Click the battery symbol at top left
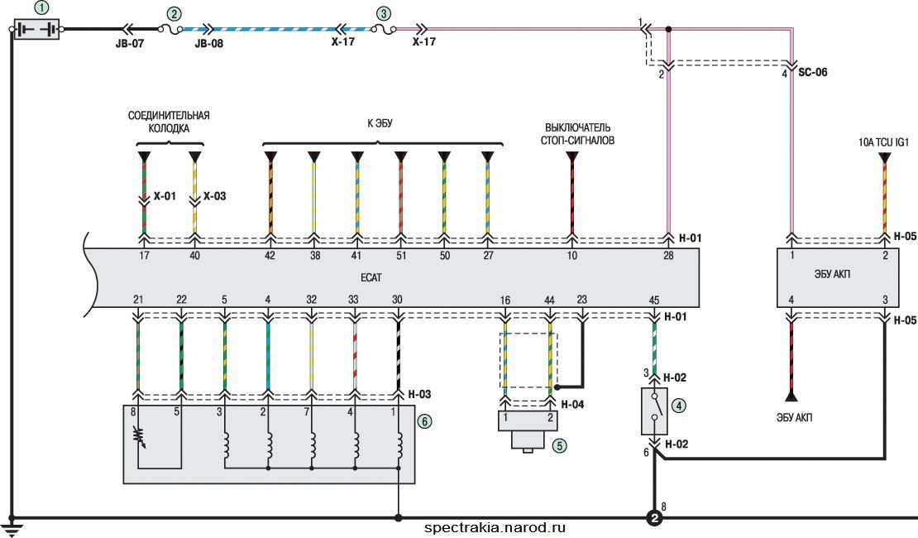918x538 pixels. pos(36,29)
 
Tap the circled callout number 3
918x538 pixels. pos(383,13)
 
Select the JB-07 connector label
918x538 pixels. pos(129,43)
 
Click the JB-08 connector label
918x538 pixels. pos(209,43)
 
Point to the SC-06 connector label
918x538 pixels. pos(813,72)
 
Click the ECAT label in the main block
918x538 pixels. pos(371,277)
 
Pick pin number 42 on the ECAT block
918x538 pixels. pos(270,256)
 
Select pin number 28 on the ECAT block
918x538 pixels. pos(668,256)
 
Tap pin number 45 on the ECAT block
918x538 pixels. pos(654,300)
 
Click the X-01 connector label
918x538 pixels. pos(165,196)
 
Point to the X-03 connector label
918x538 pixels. pos(214,196)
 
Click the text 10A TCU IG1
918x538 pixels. pos(883,142)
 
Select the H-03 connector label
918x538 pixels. pos(419,395)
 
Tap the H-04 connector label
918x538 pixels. pos(572,405)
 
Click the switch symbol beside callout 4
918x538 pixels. pos(654,411)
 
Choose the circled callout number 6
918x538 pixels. pos(424,420)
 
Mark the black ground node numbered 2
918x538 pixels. pos(654,518)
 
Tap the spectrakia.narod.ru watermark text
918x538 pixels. pos(495,528)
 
